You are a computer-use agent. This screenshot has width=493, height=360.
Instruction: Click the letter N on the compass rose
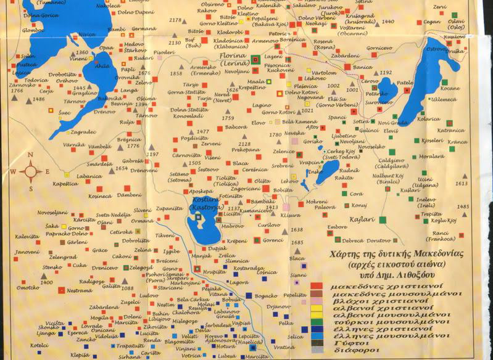pos(30,155)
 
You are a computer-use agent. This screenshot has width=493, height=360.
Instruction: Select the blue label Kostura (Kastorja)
pos(204,205)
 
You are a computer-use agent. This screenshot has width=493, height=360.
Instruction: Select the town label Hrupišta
pos(213,271)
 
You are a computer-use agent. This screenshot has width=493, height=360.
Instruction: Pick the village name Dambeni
pos(130,195)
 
